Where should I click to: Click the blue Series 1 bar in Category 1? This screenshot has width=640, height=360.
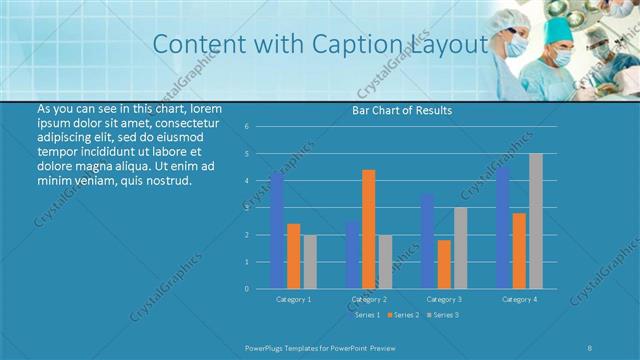tap(277, 231)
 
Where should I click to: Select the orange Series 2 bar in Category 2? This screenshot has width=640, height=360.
tap(369, 229)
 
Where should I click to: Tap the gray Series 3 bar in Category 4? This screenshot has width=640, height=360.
tap(536, 221)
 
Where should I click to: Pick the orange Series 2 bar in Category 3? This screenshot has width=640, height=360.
tap(444, 264)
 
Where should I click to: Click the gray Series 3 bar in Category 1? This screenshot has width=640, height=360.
tap(310, 262)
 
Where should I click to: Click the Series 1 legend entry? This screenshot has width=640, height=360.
tap(366, 315)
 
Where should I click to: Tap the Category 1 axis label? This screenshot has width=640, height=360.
tap(294, 299)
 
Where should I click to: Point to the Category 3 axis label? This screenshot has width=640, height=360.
tap(444, 299)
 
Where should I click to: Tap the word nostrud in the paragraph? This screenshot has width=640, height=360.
tap(166, 181)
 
